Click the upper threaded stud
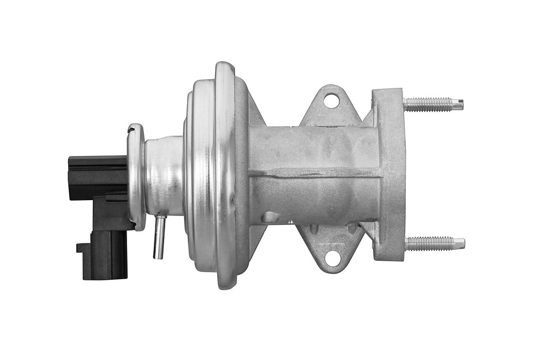(428, 104)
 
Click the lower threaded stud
(428, 243)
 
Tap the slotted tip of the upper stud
(459, 103)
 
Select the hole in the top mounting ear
(331, 100)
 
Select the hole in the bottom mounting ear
(332, 256)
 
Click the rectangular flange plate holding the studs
(388, 175)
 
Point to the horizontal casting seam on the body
(316, 174)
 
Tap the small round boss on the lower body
(270, 217)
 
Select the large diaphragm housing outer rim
(224, 175)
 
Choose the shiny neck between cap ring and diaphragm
(164, 175)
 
